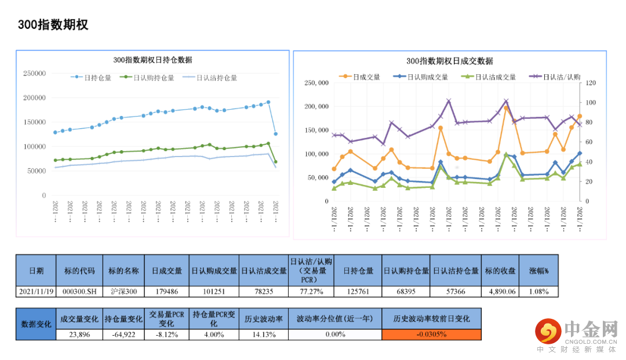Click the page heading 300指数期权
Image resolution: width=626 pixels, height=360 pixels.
pyautogui.click(x=53, y=25)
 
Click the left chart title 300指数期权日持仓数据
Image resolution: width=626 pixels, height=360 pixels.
pyautogui.click(x=152, y=60)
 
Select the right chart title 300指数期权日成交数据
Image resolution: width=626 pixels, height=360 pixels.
pyautogui.click(x=449, y=61)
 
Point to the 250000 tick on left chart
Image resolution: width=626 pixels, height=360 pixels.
pyautogui.click(x=34, y=74)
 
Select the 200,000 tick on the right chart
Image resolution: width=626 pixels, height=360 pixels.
pyautogui.click(x=317, y=107)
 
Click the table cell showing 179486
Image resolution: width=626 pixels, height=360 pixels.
pyautogui.click(x=167, y=291)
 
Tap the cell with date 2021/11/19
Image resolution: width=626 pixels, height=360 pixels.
pyautogui.click(x=36, y=291)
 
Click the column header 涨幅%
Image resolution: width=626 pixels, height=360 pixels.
pyautogui.click(x=538, y=271)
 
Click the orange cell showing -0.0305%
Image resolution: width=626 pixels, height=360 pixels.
pyautogui.click(x=432, y=334)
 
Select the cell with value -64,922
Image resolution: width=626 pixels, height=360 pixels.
pyautogui.click(x=123, y=334)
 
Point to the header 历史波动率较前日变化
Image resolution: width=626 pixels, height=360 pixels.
pyautogui.click(x=432, y=319)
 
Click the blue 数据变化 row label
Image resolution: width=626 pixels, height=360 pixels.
pyautogui.click(x=36, y=324)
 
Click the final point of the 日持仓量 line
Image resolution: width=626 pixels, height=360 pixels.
pyautogui.click(x=275, y=134)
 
